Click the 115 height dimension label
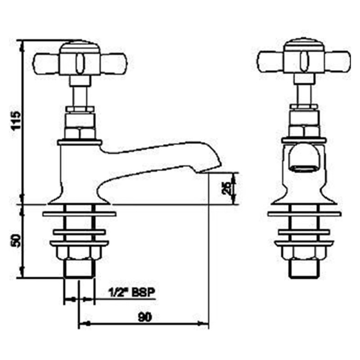point(16,121)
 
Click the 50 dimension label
point(16,241)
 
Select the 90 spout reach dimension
point(145,317)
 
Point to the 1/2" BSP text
point(131,293)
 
